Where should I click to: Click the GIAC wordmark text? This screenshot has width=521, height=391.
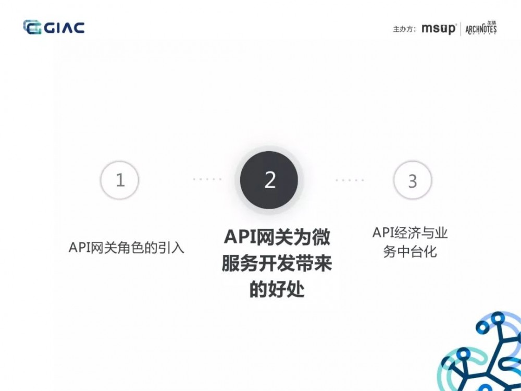(x=64, y=28)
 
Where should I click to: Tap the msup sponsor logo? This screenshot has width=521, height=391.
(x=439, y=29)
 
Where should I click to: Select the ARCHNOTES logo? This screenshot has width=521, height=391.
(x=481, y=28)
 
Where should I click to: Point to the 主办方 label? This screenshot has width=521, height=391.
(x=404, y=29)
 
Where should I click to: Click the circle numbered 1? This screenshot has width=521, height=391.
(x=120, y=180)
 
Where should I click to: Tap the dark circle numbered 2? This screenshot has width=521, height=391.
(x=269, y=180)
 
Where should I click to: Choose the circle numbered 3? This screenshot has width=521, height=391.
(x=412, y=180)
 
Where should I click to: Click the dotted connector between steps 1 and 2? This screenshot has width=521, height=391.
(x=207, y=179)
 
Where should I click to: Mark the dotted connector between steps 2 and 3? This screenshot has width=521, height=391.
(x=349, y=180)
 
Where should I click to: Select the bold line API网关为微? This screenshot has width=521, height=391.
(x=277, y=238)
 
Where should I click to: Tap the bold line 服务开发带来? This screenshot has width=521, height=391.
(x=277, y=264)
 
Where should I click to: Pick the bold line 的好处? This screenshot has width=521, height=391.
(x=277, y=290)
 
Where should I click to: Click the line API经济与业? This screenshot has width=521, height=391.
(x=410, y=233)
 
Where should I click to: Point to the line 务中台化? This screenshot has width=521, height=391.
(x=410, y=252)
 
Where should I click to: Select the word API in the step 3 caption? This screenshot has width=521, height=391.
(x=382, y=233)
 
